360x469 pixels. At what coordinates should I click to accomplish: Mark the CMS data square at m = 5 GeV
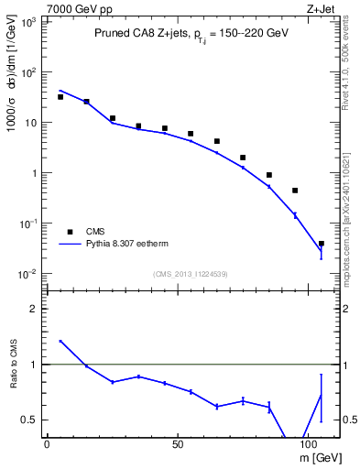point(60,96)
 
